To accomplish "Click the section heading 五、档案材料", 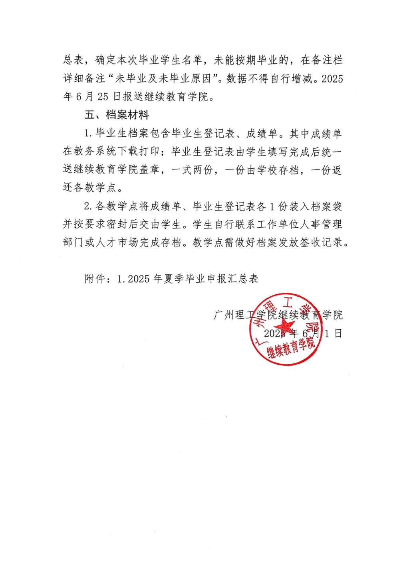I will pyautogui.click(x=117, y=115).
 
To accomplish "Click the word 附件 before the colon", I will pyautogui.click(x=94, y=278).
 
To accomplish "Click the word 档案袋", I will pyautogui.click(x=327, y=206).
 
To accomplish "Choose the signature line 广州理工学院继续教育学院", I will pyautogui.click(x=278, y=315).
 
